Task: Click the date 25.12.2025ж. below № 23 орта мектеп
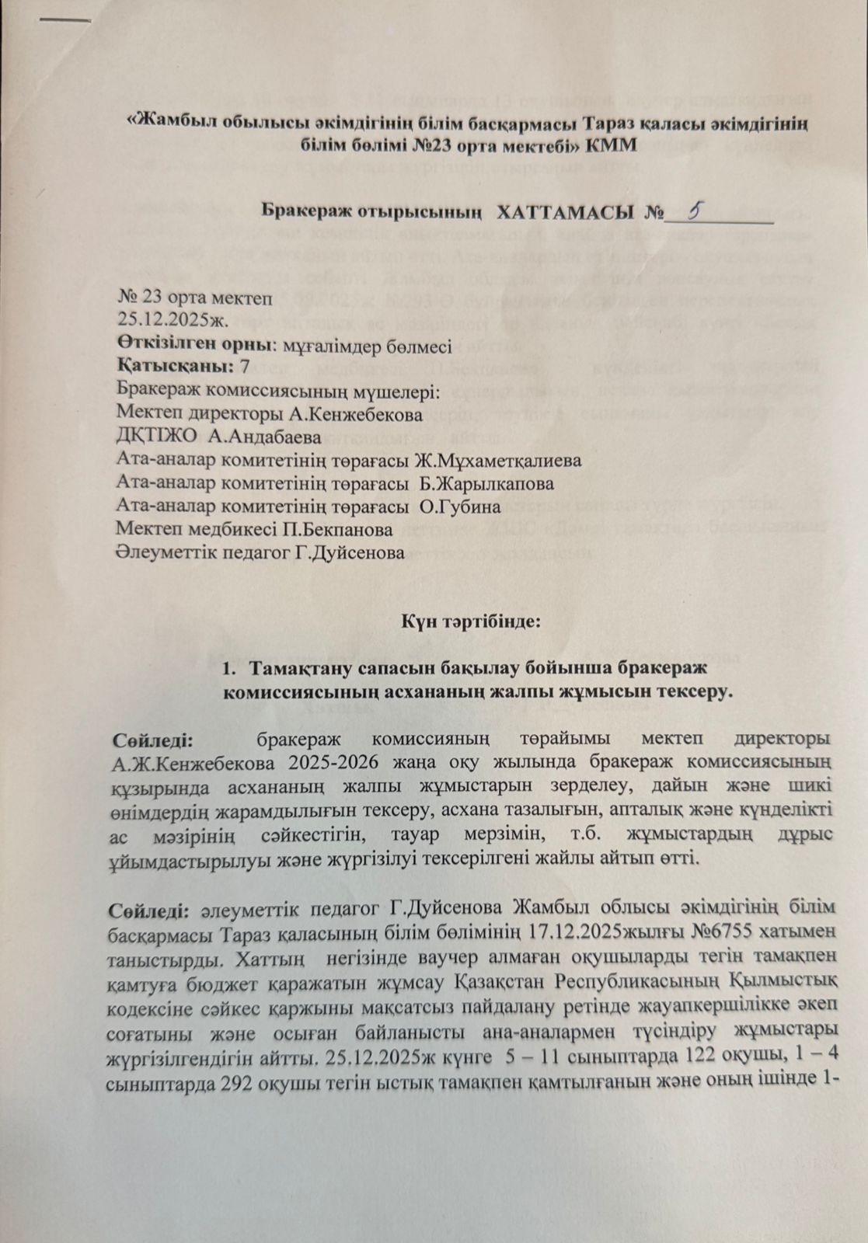(167, 319)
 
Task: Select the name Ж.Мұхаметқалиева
(497, 460)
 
